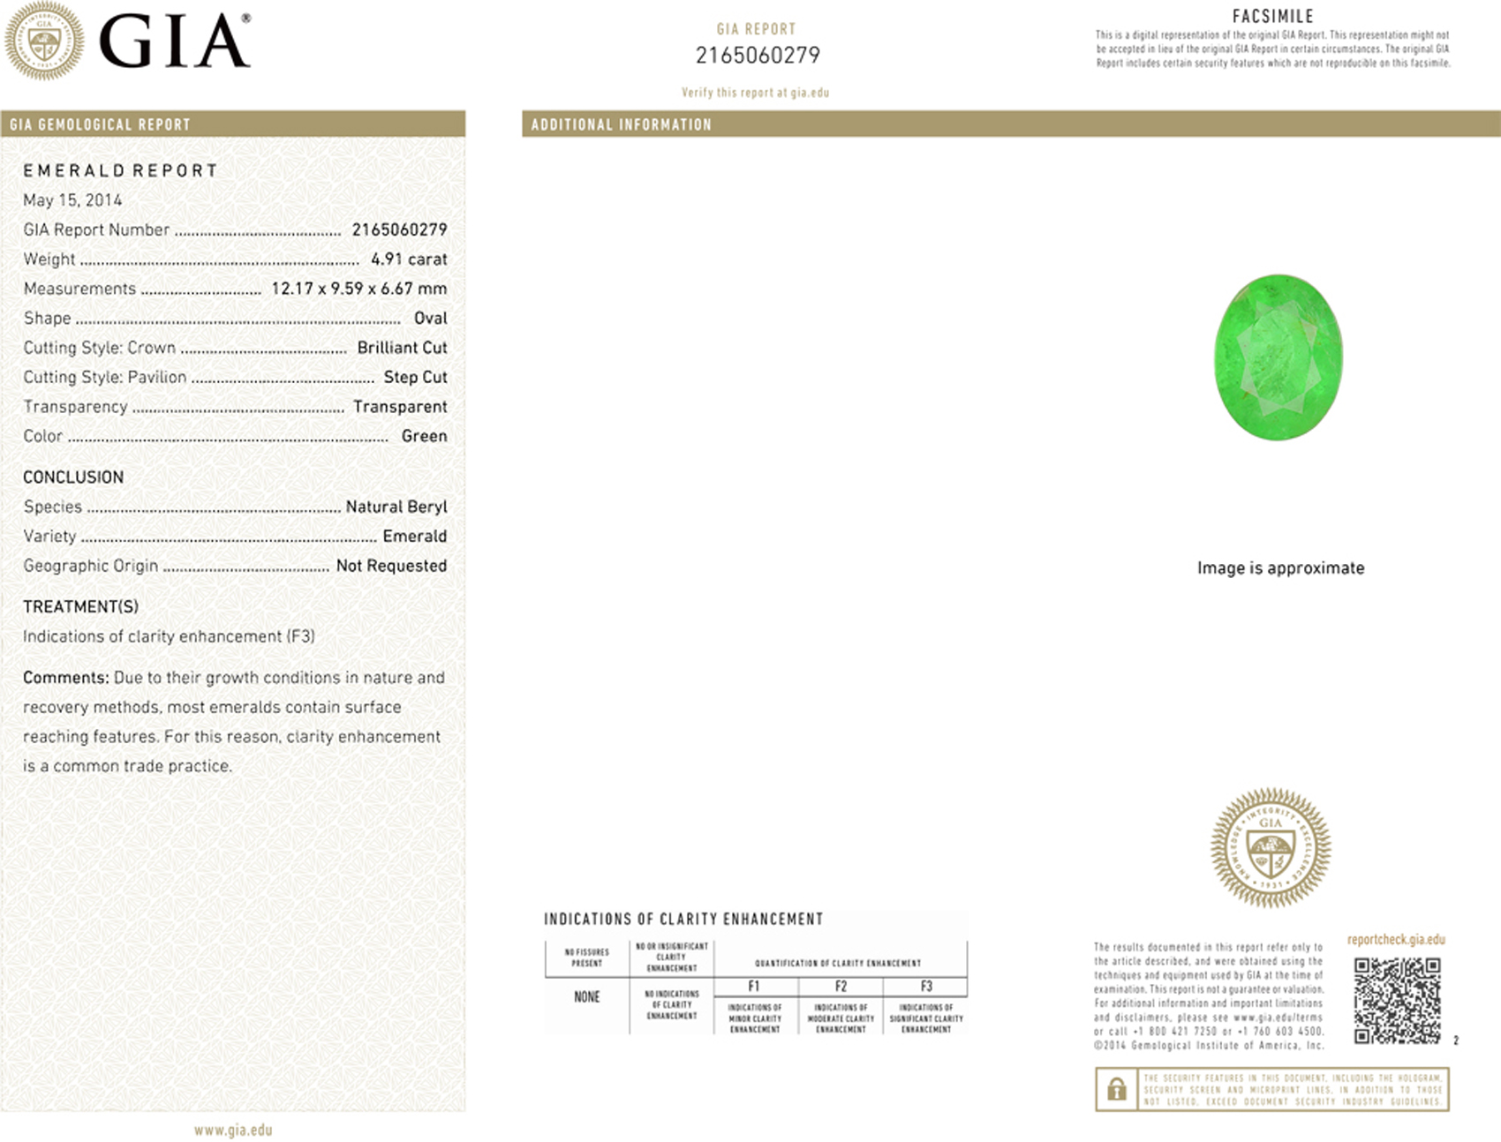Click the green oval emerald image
click(1278, 357)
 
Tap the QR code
click(1397, 1000)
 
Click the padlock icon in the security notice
click(1116, 1089)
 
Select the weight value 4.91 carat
click(409, 259)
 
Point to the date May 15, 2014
click(72, 200)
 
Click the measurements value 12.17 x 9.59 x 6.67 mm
click(358, 289)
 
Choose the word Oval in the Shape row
click(431, 318)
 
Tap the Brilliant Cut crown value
click(402, 348)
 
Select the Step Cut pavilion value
click(415, 377)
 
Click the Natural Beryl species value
click(396, 507)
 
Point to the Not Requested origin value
click(391, 566)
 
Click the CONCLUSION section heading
click(73, 477)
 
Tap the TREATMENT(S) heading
click(80, 607)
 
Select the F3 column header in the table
click(926, 987)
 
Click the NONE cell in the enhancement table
click(587, 997)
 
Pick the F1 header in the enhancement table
click(754, 987)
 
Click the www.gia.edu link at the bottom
click(233, 1130)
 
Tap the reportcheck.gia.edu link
click(1396, 940)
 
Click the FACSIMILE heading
click(1272, 16)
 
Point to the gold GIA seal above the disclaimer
click(1271, 847)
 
